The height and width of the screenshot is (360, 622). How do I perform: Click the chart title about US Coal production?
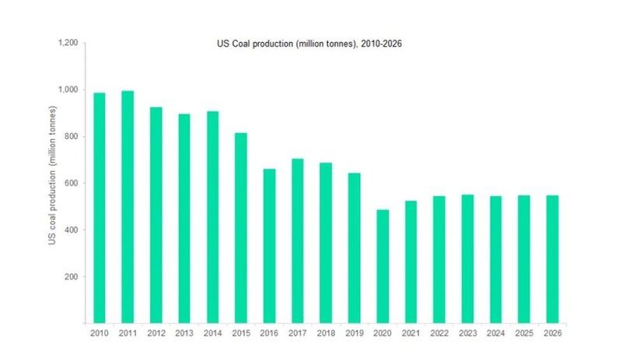coord(309,44)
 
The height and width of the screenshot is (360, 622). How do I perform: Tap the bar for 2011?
coord(128,206)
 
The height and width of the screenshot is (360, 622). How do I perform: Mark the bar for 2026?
coord(552,259)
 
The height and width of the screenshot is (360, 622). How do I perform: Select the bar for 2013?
coord(184,218)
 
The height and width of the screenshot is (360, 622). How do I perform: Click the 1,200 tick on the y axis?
coord(68,43)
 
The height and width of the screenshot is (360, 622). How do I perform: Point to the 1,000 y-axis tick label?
coord(68,89)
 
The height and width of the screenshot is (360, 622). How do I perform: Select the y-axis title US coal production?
coord(52,183)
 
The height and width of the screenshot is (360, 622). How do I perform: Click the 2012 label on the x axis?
coord(155,333)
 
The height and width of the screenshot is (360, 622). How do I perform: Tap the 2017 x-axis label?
coord(297,333)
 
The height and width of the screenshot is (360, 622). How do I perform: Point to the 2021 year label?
coord(411,333)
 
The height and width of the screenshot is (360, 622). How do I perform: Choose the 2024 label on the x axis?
coord(495,333)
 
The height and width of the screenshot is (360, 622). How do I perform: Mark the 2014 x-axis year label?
coord(212,333)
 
